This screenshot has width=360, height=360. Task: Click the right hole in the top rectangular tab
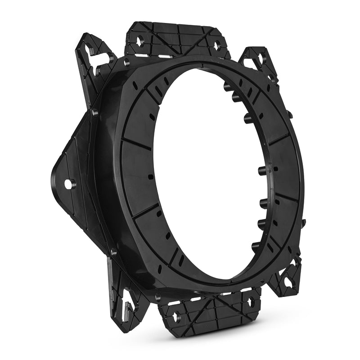click(x=217, y=45)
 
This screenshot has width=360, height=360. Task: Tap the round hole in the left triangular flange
click(x=68, y=184)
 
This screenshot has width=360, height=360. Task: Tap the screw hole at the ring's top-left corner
click(x=126, y=63)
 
